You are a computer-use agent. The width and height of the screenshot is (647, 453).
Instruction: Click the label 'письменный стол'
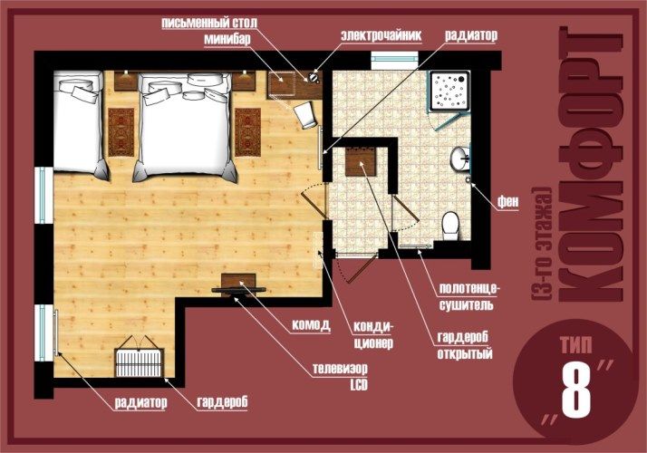209,23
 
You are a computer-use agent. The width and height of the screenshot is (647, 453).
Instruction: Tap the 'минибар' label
227,39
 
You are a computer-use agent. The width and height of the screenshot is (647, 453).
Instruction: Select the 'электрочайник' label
381,35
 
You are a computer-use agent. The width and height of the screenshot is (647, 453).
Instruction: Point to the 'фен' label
508,201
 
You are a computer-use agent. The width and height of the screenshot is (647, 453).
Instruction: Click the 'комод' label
311,324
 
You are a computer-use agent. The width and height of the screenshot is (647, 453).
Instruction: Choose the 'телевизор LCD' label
340,376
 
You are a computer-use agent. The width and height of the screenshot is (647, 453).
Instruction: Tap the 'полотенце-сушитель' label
469,296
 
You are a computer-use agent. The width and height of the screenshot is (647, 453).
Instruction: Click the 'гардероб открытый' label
465,345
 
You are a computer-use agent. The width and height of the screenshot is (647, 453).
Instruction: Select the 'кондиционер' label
373,335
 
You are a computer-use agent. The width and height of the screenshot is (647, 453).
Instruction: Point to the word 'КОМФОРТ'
591,164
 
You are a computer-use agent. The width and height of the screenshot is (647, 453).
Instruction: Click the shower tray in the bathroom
449,91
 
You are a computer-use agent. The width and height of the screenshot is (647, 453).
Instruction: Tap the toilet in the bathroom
450,226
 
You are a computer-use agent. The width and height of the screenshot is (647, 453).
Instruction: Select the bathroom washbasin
459,158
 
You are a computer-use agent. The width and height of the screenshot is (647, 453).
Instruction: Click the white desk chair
306,115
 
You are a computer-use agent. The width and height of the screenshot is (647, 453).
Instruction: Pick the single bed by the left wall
80,124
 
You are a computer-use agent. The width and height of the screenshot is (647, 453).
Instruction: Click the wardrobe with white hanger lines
139,362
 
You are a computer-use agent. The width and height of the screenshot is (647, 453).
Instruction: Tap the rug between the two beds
121,132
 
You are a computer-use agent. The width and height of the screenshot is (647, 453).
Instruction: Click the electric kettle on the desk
314,77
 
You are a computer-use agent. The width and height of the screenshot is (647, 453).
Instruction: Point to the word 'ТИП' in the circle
576,345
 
